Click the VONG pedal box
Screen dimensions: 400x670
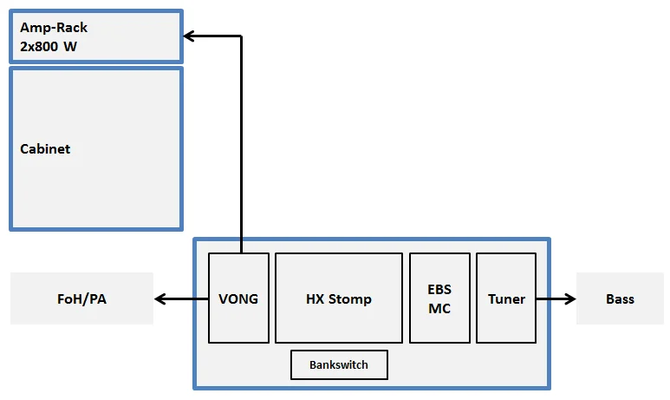coord(238,298)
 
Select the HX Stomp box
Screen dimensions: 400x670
coord(339,298)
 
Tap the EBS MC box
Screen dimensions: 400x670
coord(439,298)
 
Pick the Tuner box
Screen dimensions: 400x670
coord(506,298)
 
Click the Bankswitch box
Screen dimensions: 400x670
coord(339,364)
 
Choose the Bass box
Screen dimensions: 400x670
coord(620,298)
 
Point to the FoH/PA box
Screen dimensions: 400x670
coord(81,298)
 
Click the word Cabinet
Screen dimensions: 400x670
coord(45,148)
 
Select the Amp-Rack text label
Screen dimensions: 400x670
coord(54,28)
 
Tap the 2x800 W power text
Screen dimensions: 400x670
coord(49,46)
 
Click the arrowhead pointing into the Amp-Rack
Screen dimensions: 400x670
coord(189,36)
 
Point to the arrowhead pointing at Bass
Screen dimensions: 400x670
coord(570,298)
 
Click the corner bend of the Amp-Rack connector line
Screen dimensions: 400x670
coord(240,36)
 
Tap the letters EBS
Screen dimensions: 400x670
coord(439,289)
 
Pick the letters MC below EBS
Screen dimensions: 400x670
coord(439,308)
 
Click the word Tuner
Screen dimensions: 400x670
coord(506,298)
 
